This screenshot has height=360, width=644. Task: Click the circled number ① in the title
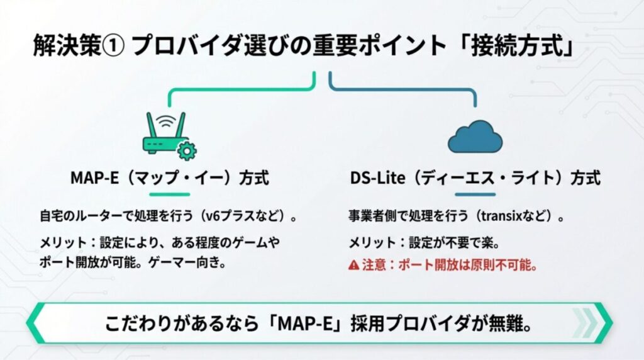pyautogui.click(x=114, y=48)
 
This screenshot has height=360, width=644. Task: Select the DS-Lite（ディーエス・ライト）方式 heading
pyautogui.click(x=475, y=178)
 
